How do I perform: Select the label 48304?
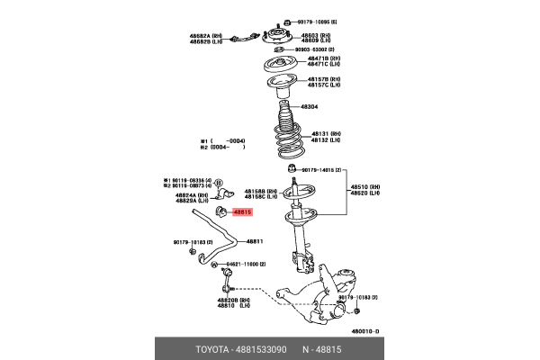click(x=309, y=106)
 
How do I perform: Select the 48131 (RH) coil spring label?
click(x=323, y=134)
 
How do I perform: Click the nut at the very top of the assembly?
click(x=285, y=20)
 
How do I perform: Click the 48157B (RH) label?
click(x=323, y=80)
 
